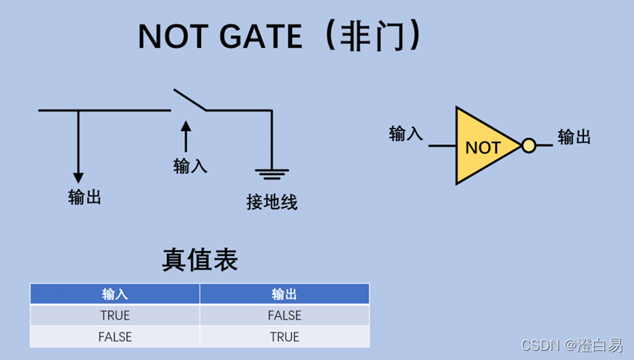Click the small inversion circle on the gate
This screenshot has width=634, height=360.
coord(528,146)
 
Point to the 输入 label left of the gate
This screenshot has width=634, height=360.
coord(406,133)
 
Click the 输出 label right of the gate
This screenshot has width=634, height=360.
coord(574,137)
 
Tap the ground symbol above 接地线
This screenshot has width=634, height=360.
coord(272,173)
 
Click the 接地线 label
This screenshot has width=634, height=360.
coord(272,203)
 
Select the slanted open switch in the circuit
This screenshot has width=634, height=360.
coord(189,101)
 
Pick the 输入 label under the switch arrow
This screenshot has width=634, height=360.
coord(190,166)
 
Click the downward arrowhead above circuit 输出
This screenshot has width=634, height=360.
coord(78,177)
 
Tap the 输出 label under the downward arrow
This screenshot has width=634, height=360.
coord(85,197)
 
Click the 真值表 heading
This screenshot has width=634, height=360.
coord(200,259)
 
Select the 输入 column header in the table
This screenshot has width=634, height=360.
coord(115,294)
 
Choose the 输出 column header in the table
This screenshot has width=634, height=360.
coord(284,294)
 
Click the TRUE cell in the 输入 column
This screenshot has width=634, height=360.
coord(115,315)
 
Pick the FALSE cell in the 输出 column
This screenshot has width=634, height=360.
coord(284,315)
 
